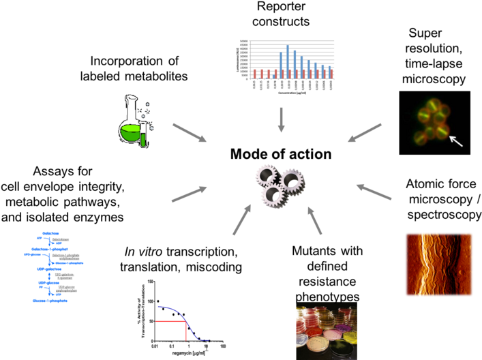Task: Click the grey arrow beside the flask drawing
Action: click(x=189, y=132)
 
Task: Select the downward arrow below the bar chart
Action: click(x=281, y=119)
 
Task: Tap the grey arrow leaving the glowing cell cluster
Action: click(x=365, y=132)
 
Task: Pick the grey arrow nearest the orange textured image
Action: click(x=374, y=192)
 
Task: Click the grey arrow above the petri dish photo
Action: click(x=314, y=220)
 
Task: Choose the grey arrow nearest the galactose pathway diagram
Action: click(x=189, y=194)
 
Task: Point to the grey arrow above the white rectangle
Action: click(x=241, y=220)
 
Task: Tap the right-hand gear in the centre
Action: click(x=292, y=181)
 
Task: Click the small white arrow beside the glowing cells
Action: click(x=455, y=141)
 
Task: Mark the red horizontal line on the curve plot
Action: click(x=170, y=320)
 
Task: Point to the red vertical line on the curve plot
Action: click(x=186, y=330)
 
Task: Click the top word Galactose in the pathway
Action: click(x=50, y=233)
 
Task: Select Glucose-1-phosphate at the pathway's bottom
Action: click(x=47, y=300)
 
